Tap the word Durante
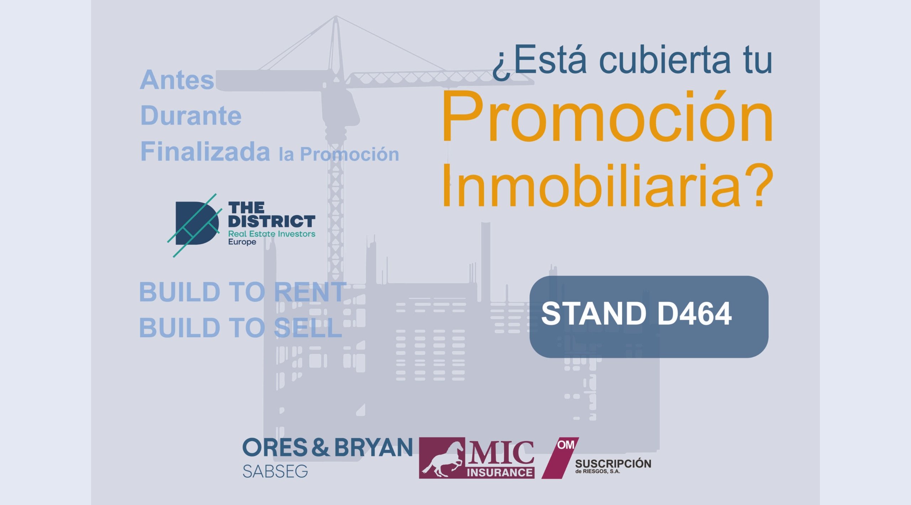coord(191,115)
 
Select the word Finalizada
coord(205,151)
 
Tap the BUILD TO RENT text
coord(242,292)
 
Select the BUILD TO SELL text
coord(241,327)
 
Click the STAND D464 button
coord(649,317)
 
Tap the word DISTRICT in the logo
coord(272,221)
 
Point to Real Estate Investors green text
coord(272,234)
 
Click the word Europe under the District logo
coord(242,242)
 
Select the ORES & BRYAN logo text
coord(327,447)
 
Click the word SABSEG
coord(275,472)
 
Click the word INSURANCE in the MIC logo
coord(500,472)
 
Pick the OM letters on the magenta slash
coord(566,445)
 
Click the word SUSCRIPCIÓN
coord(613,463)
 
